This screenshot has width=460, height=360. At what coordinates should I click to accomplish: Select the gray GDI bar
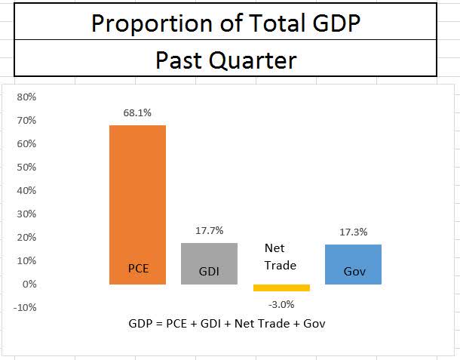click(209, 257)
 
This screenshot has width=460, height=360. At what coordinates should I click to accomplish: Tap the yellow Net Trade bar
click(281, 288)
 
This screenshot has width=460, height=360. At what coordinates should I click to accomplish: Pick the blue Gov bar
click(353, 257)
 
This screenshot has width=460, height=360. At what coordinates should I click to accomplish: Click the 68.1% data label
click(138, 112)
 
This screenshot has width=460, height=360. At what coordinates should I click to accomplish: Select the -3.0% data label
click(281, 304)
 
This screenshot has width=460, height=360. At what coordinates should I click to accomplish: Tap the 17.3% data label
click(354, 232)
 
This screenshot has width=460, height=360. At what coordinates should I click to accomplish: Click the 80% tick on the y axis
click(27, 97)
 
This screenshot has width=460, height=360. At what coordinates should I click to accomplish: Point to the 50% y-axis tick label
click(27, 168)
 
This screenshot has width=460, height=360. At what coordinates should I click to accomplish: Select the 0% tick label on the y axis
click(30, 285)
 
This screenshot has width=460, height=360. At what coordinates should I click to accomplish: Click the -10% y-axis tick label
click(26, 308)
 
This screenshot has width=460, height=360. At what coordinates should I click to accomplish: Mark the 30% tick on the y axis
click(27, 214)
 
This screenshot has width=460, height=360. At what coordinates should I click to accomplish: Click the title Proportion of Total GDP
click(225, 23)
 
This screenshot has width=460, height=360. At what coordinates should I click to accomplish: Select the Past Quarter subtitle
click(225, 60)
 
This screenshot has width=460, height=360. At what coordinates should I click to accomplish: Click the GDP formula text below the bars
click(227, 324)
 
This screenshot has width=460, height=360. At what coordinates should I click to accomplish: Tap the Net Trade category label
click(281, 257)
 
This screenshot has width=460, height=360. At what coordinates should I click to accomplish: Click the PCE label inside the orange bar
click(138, 268)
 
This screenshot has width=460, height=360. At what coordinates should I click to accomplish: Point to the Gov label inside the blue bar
click(354, 271)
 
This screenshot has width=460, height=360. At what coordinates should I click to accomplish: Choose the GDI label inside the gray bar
click(209, 272)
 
